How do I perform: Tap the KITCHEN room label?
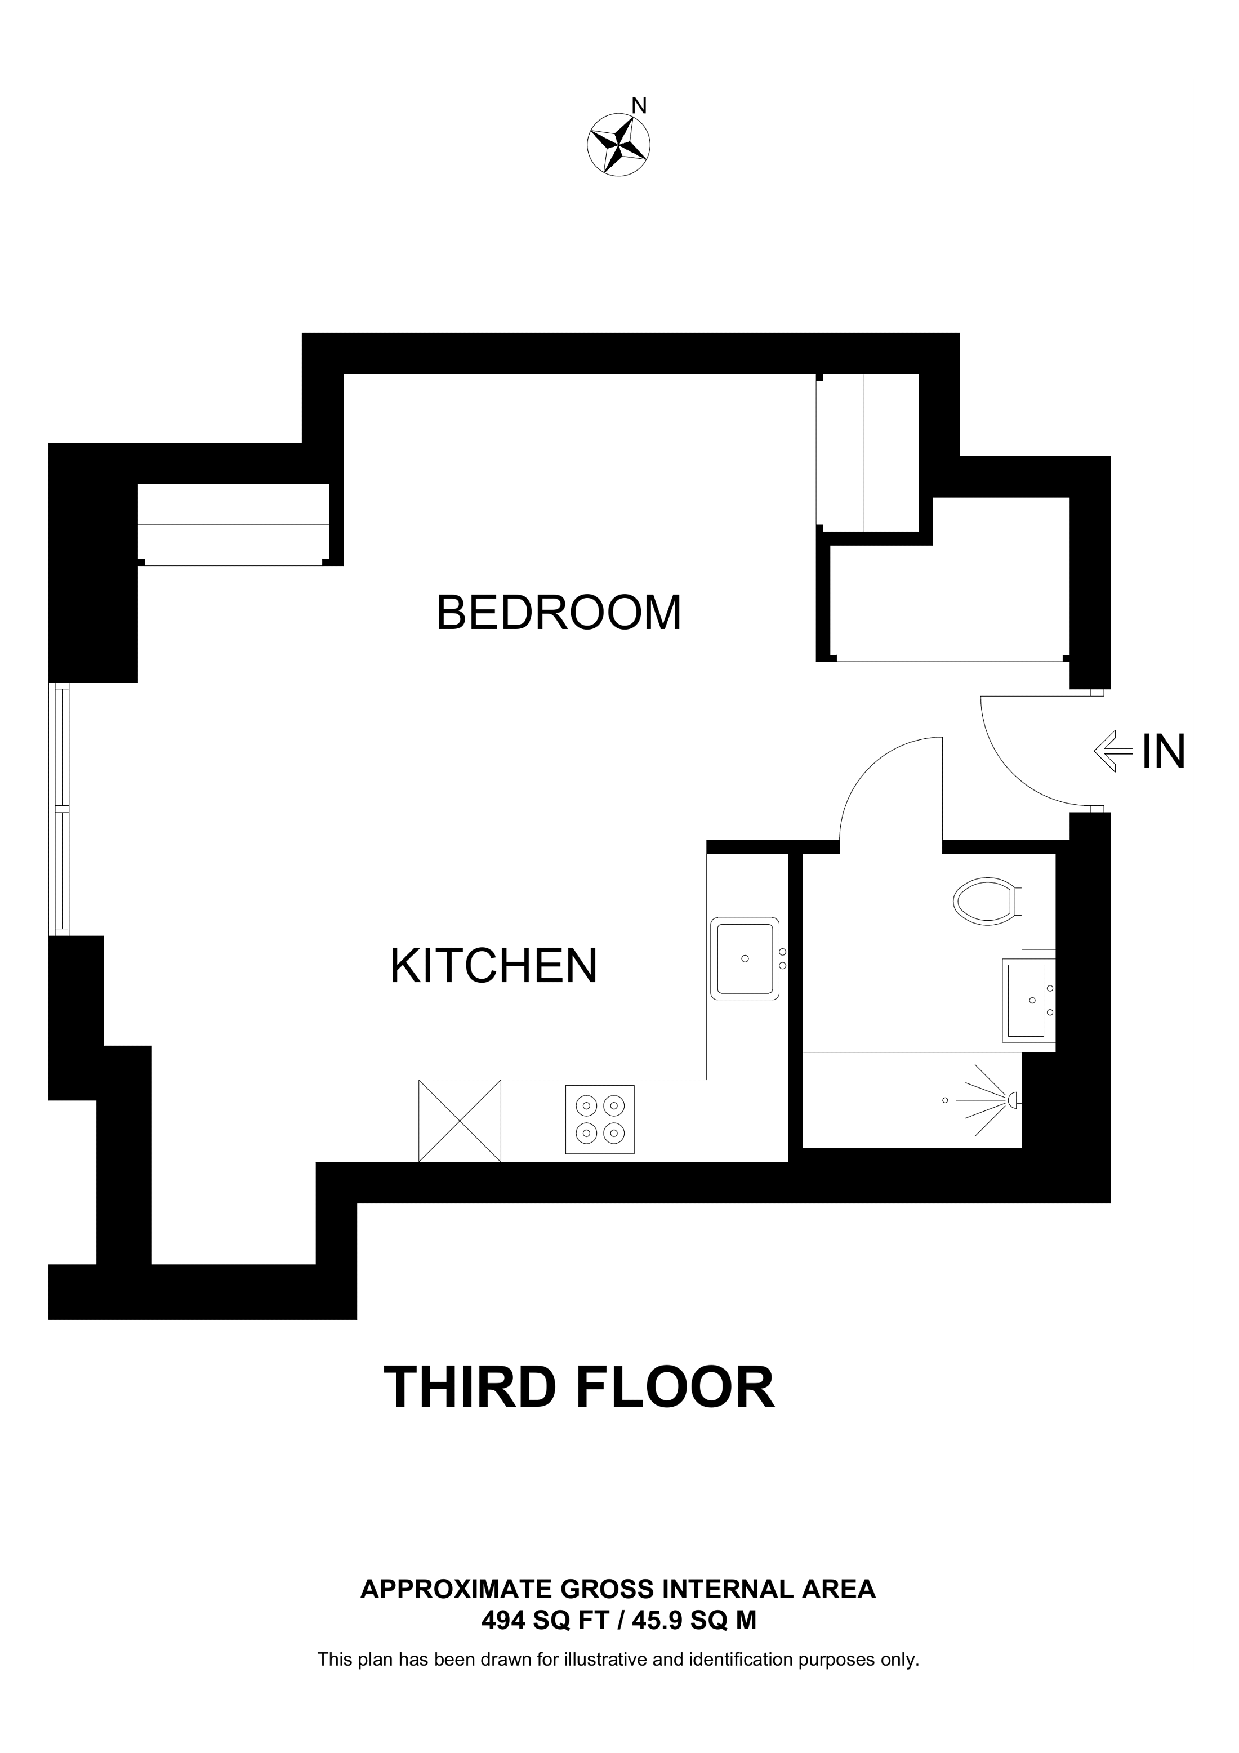coord(493,966)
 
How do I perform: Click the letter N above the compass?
coord(640,106)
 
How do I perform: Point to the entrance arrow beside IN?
coord(1113,751)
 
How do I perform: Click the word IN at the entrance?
coord(1164,751)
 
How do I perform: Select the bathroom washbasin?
coord(1027,1000)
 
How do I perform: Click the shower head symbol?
coord(1014,1100)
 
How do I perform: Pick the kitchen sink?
coord(745,959)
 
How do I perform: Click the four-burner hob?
coord(599,1119)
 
